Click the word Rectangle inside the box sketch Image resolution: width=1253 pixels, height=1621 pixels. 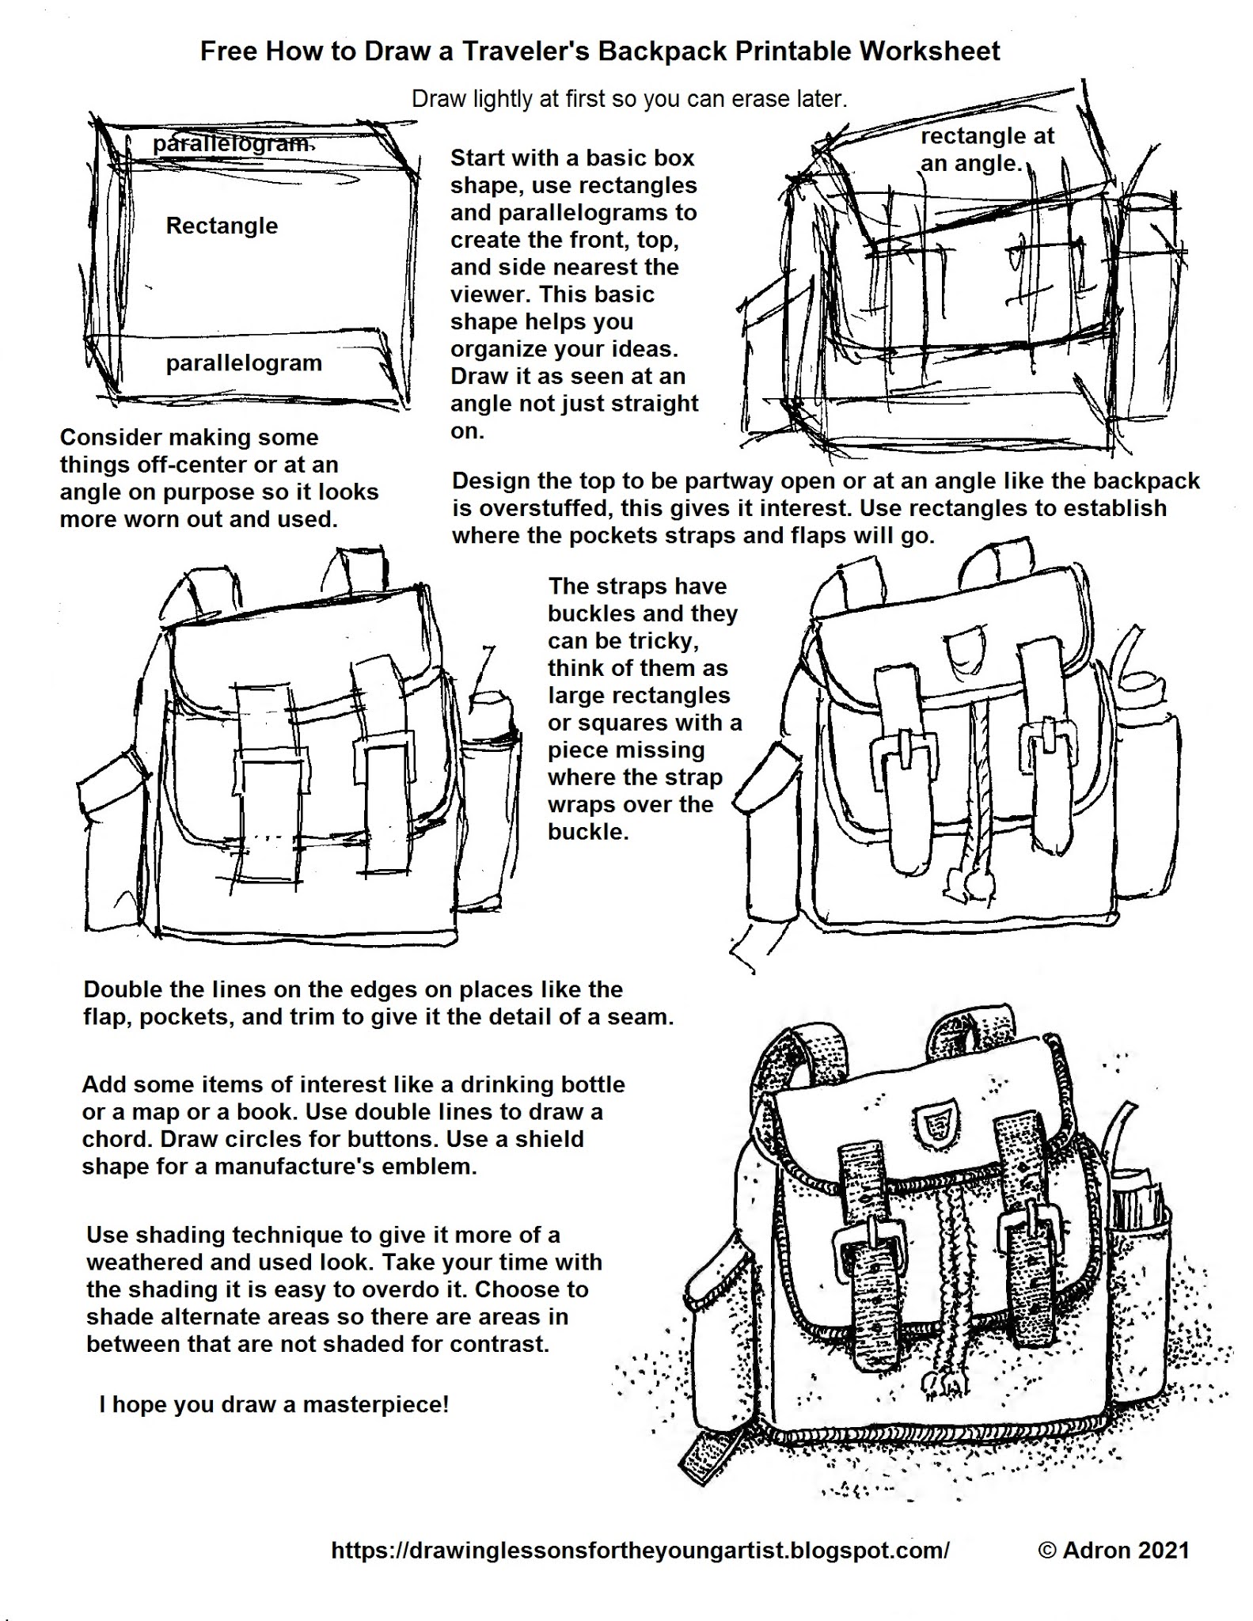pyautogui.click(x=222, y=226)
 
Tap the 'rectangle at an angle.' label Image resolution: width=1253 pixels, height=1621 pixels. pyautogui.click(x=986, y=150)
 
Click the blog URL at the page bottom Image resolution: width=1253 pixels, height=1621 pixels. pyautogui.click(x=640, y=1550)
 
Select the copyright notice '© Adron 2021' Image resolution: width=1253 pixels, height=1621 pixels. pyautogui.click(x=1114, y=1550)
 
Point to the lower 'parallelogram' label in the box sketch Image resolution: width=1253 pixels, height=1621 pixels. pyautogui.click(x=244, y=363)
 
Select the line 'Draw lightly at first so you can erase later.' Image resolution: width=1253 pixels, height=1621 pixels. pyautogui.click(x=629, y=99)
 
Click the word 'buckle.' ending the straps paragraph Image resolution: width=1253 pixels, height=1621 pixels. pyautogui.click(x=587, y=831)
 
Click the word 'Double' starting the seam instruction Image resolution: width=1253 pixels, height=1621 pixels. pyautogui.click(x=123, y=989)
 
